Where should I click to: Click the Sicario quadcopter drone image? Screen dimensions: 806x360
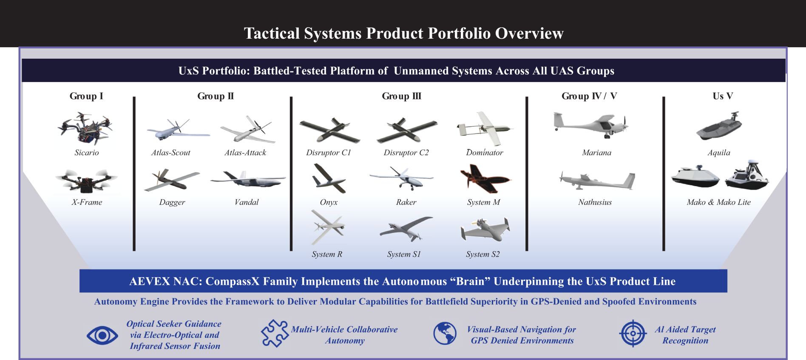click(x=86, y=128)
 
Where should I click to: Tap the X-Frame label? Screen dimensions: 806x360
click(x=87, y=202)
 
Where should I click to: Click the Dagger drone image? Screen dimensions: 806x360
click(x=172, y=180)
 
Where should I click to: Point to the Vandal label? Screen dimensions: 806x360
click(x=247, y=202)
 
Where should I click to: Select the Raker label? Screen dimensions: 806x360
click(x=406, y=202)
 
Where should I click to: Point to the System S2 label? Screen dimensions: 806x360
click(x=483, y=254)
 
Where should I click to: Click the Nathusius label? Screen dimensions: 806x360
click(x=595, y=202)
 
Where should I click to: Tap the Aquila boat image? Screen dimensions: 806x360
click(x=719, y=126)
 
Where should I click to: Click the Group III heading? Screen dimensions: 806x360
click(x=401, y=96)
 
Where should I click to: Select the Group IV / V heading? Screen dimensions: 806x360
click(x=589, y=96)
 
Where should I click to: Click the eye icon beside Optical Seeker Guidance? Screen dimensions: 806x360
click(x=102, y=336)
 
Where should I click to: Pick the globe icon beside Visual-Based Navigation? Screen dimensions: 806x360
click(x=445, y=333)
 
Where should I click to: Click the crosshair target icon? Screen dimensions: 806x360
click(x=633, y=333)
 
